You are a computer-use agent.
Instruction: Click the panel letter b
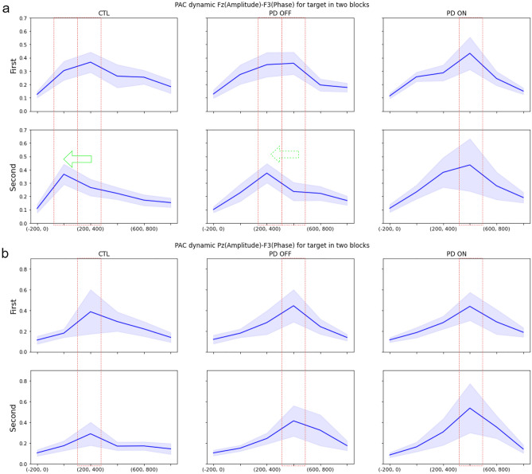pyautogui.click(x=6, y=255)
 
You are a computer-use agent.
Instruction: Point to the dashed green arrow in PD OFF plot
pyautogui.click(x=285, y=154)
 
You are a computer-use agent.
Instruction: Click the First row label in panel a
pyautogui.click(x=13, y=64)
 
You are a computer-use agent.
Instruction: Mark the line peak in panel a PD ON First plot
pyautogui.click(x=470, y=53)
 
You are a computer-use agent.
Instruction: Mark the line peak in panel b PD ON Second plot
pyautogui.click(x=470, y=408)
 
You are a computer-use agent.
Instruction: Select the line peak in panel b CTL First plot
pyautogui.click(x=91, y=311)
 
